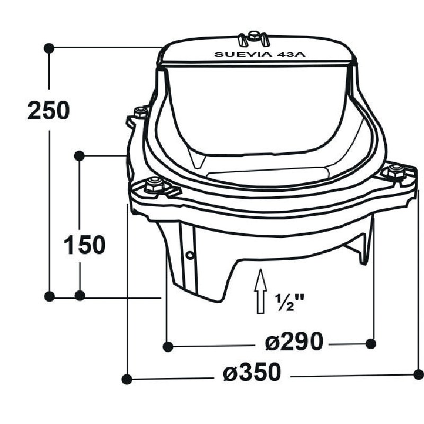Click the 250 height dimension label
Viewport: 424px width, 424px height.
point(49,110)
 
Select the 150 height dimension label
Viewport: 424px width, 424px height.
point(84,245)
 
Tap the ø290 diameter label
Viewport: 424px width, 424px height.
point(294,341)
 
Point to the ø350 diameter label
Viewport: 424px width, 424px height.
point(252,372)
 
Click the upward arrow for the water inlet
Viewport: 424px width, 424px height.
point(260,291)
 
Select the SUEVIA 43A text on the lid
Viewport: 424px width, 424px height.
point(260,55)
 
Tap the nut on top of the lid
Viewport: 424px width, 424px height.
point(253,36)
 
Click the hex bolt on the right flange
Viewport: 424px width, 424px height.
point(396,171)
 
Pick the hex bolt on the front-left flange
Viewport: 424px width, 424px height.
point(155,184)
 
